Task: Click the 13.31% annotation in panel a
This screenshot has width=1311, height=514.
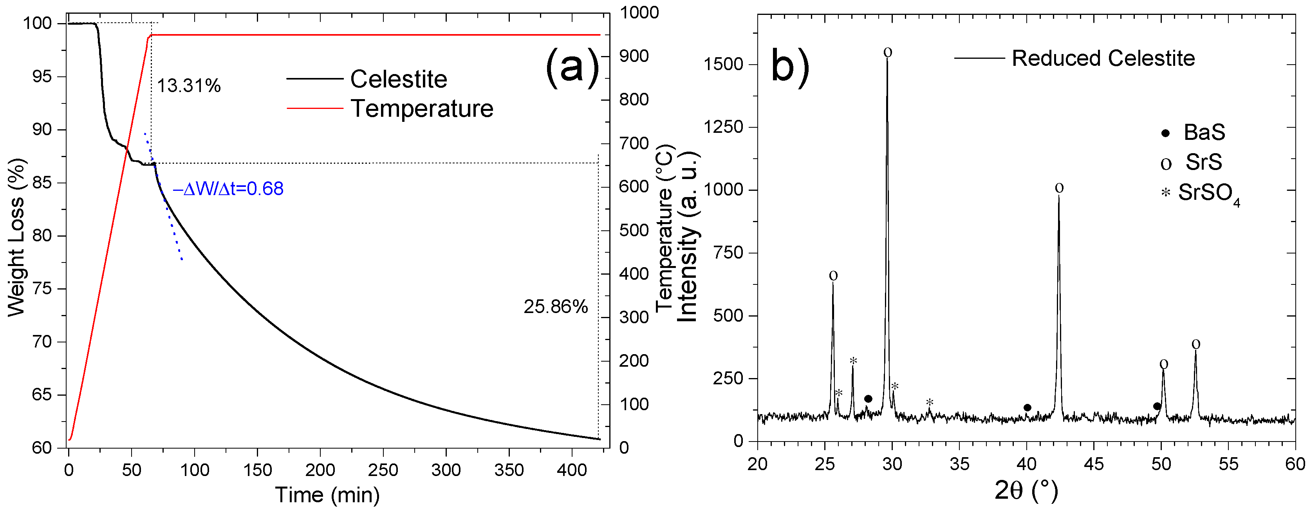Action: (x=188, y=85)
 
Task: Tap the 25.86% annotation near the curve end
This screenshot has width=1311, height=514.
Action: (x=555, y=307)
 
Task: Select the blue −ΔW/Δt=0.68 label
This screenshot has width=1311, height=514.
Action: (x=228, y=189)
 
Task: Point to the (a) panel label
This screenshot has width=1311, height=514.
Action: (x=572, y=66)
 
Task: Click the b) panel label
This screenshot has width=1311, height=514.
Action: (x=790, y=65)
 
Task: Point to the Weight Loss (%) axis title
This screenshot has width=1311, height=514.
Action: (x=16, y=237)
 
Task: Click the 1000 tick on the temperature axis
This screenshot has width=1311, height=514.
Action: (x=639, y=12)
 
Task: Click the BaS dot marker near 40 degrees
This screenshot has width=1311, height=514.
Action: (x=1027, y=407)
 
